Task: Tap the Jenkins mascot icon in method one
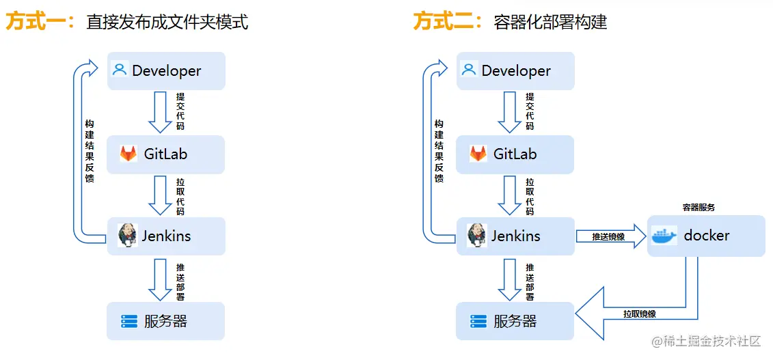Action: click(128, 236)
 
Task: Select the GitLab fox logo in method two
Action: click(478, 154)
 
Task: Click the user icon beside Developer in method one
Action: click(120, 70)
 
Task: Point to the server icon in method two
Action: click(478, 321)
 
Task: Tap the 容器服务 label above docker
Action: click(699, 207)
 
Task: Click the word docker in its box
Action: click(707, 236)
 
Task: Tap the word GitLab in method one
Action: click(165, 154)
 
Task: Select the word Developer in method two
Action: click(516, 70)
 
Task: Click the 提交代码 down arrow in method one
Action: click(161, 111)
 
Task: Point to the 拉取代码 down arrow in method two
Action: click(510, 195)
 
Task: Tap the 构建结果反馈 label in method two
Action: click(439, 151)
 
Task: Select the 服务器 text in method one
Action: click(165, 321)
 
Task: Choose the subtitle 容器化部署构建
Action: click(550, 23)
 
